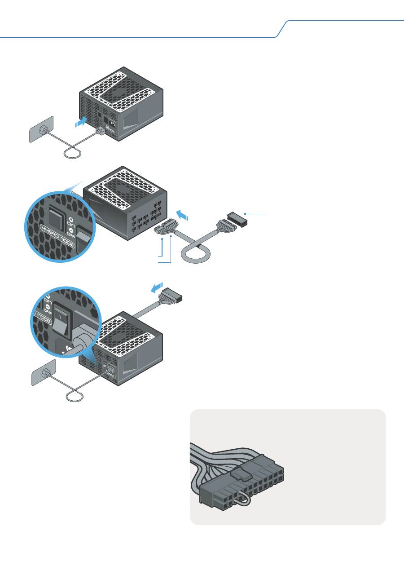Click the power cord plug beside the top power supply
click(x=100, y=131)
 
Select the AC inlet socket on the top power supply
click(x=110, y=122)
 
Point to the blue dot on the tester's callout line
click(x=245, y=214)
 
